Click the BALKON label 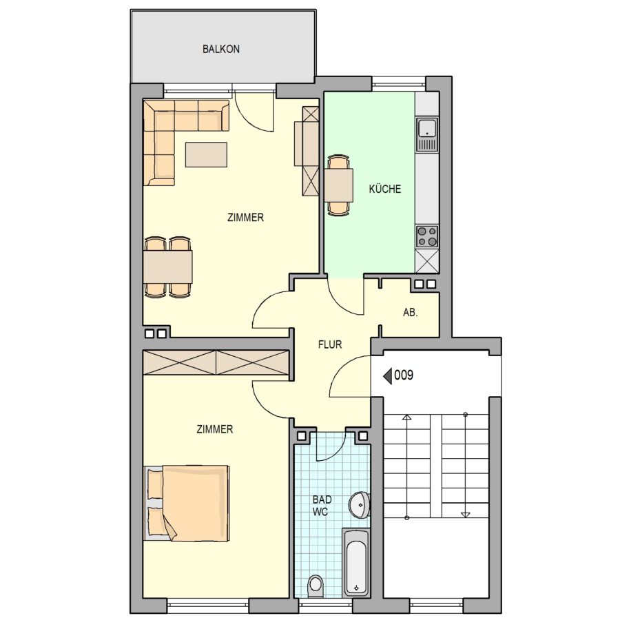pos(221,49)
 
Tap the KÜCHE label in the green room pos(384,189)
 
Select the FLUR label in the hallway pos(330,344)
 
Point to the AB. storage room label pos(410,312)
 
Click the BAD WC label pos(322,506)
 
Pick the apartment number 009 pos(404,375)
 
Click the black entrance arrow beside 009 pos(387,375)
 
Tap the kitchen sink pos(427,134)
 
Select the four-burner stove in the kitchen pos(427,236)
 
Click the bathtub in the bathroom pos(356,562)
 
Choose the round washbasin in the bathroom pos(360,504)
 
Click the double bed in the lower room pos(187,504)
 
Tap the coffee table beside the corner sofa pos(206,154)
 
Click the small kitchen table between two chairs pos(338,185)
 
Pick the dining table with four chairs pos(168,267)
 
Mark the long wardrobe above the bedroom pos(216,362)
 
